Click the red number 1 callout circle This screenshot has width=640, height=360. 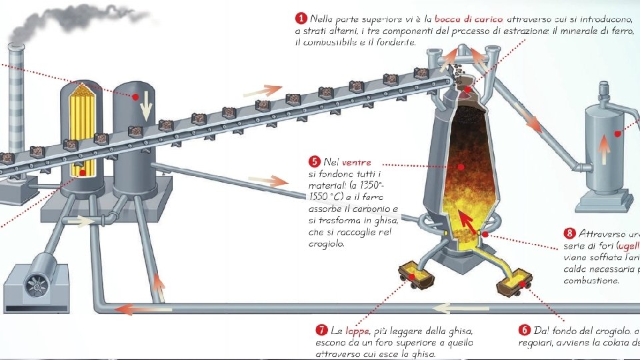[x=301, y=17]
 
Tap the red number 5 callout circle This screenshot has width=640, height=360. [x=314, y=161]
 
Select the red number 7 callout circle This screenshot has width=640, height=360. [x=321, y=331]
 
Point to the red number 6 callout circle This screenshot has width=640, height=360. [x=524, y=331]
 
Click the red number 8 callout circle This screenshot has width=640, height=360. [x=569, y=233]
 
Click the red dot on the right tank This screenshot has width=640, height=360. [x=618, y=133]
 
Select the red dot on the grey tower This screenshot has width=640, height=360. [x=135, y=97]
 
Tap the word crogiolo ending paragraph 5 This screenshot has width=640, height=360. [x=327, y=243]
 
